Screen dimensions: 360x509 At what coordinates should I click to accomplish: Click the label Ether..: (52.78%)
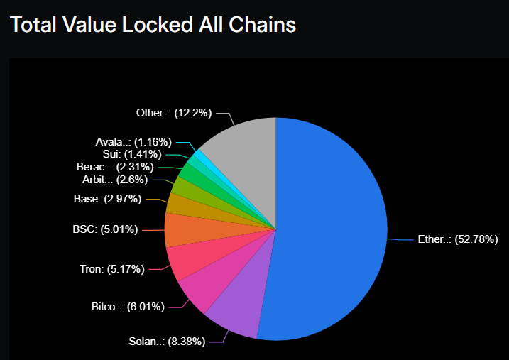[456, 240]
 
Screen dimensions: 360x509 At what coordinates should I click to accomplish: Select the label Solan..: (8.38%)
[168, 342]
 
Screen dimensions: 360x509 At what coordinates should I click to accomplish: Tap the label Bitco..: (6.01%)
[128, 307]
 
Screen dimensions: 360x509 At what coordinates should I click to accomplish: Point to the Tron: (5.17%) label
[112, 268]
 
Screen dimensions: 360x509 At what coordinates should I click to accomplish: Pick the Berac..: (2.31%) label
[118, 166]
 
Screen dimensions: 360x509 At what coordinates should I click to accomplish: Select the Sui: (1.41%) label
[127, 153]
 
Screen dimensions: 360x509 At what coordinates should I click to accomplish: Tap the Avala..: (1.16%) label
[133, 141]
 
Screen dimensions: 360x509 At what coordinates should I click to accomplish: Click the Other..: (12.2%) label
[174, 113]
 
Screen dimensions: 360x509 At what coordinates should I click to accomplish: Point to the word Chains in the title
[259, 25]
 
